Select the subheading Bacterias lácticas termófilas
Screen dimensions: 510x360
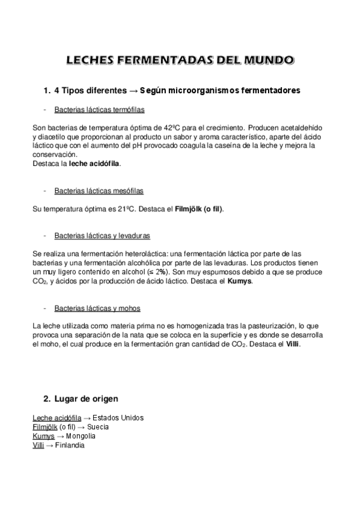coord(99,110)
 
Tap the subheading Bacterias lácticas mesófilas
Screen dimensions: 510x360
coord(99,191)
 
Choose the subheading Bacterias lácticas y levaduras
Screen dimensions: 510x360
coord(102,236)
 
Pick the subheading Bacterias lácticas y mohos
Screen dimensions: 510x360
coord(97,308)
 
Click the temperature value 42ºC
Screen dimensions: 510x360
coord(172,128)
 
